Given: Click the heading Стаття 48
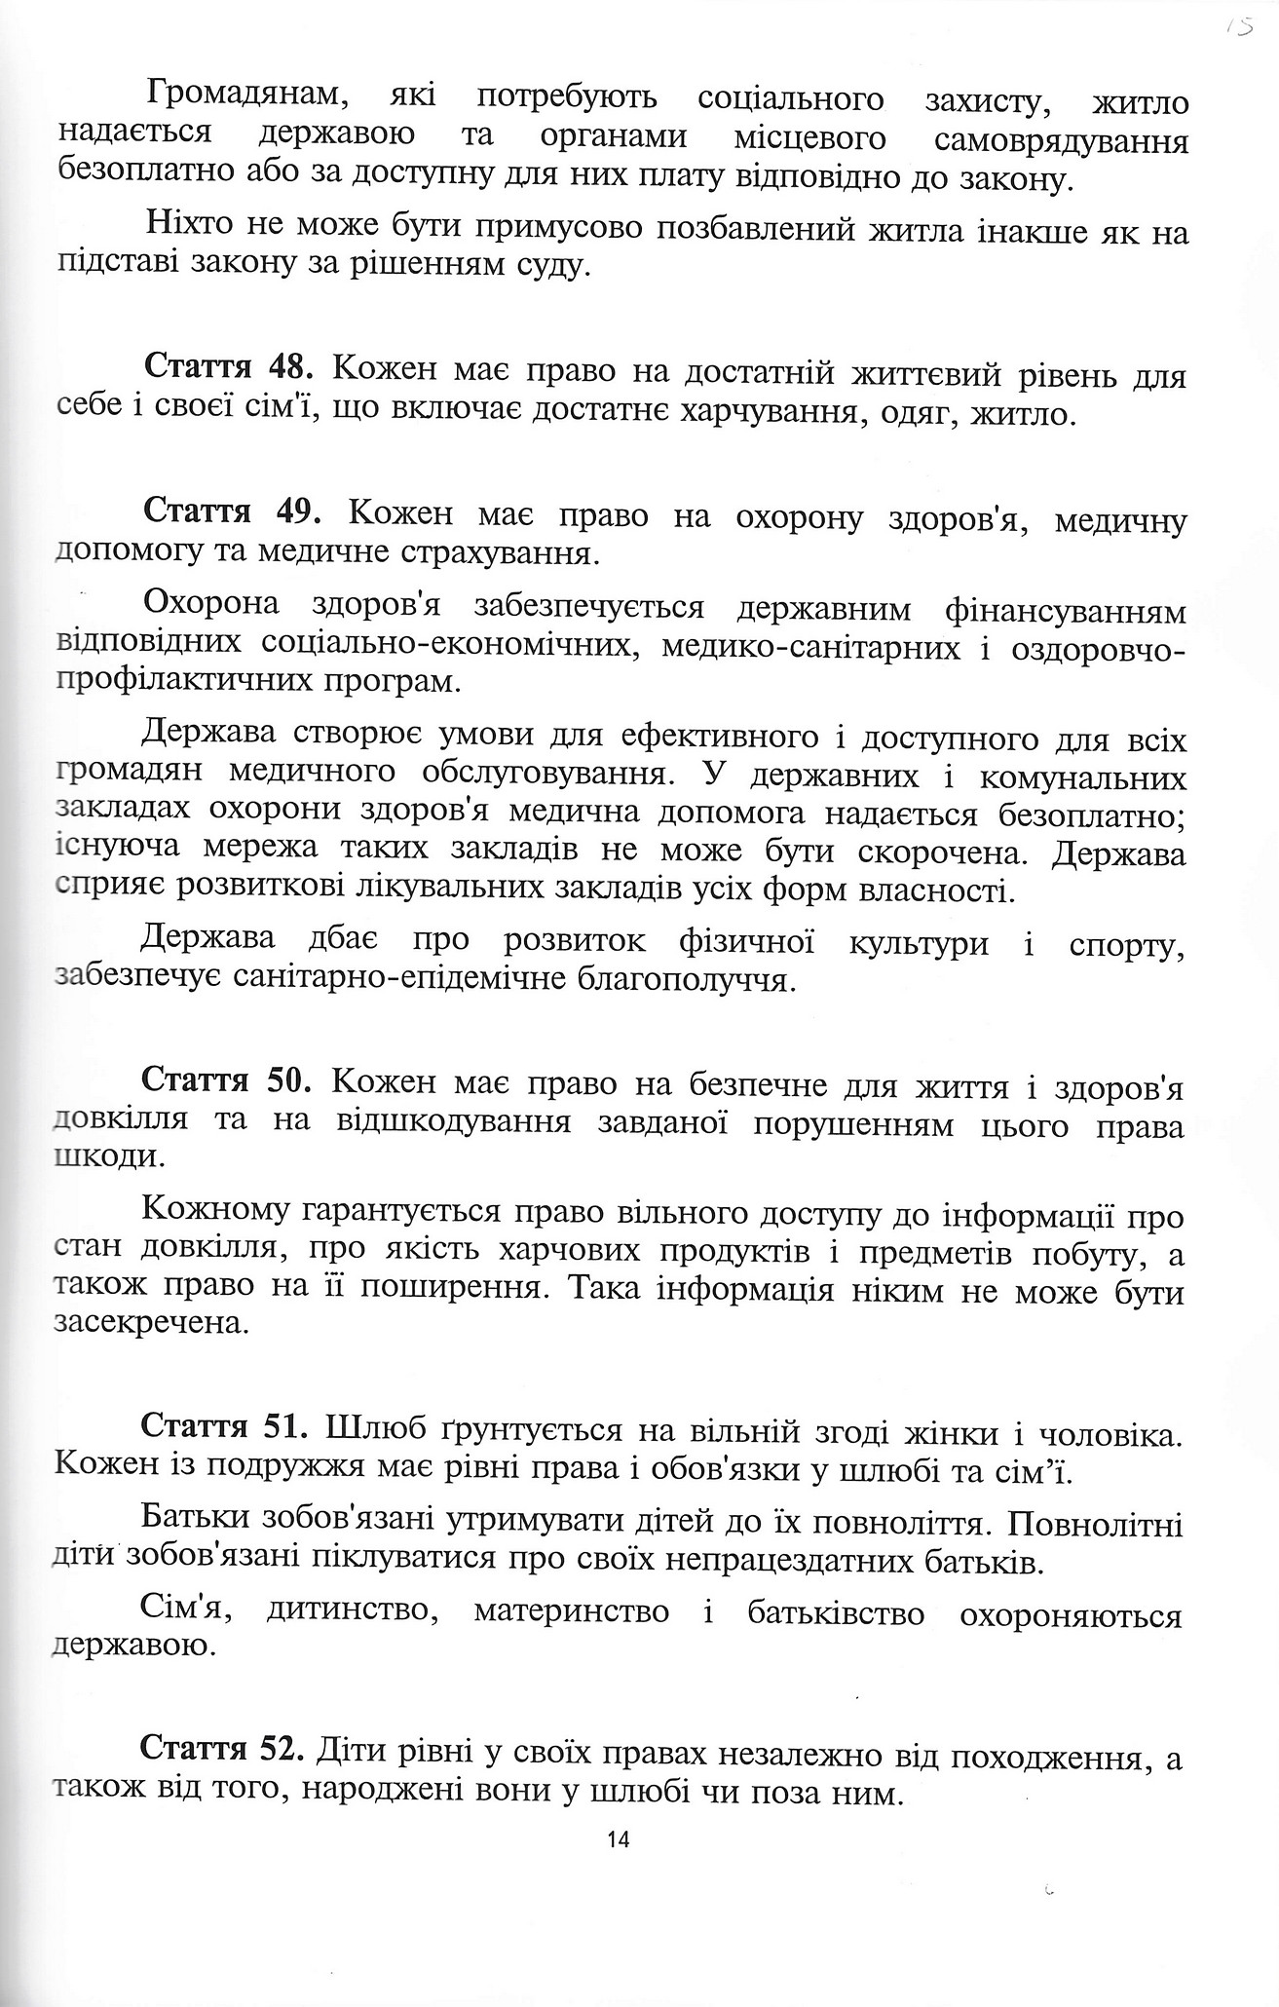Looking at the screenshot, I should click(x=228, y=372).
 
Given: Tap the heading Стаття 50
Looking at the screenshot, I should click(x=226, y=1081).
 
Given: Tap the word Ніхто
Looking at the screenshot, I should click(x=187, y=228).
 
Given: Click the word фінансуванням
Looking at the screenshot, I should click(x=1066, y=611).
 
